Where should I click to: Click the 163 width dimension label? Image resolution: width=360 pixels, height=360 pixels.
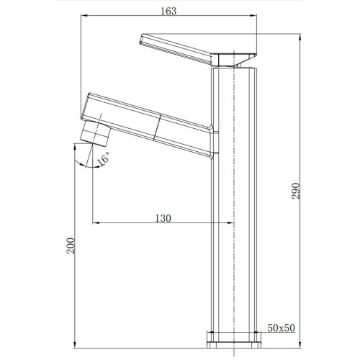click(168, 12)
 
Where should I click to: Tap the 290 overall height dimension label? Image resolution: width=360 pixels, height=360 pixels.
click(296, 191)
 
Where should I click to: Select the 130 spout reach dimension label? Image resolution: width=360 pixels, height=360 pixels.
click(163, 218)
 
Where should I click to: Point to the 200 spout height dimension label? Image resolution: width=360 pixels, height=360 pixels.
click(71, 246)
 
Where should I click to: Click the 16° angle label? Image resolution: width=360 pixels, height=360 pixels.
click(103, 158)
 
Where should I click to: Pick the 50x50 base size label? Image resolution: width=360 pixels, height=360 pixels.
click(281, 328)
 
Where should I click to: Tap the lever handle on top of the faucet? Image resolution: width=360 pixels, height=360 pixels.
click(198, 50)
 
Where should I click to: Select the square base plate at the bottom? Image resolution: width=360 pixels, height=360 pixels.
click(233, 340)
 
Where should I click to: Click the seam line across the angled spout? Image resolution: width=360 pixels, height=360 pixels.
click(157, 127)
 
